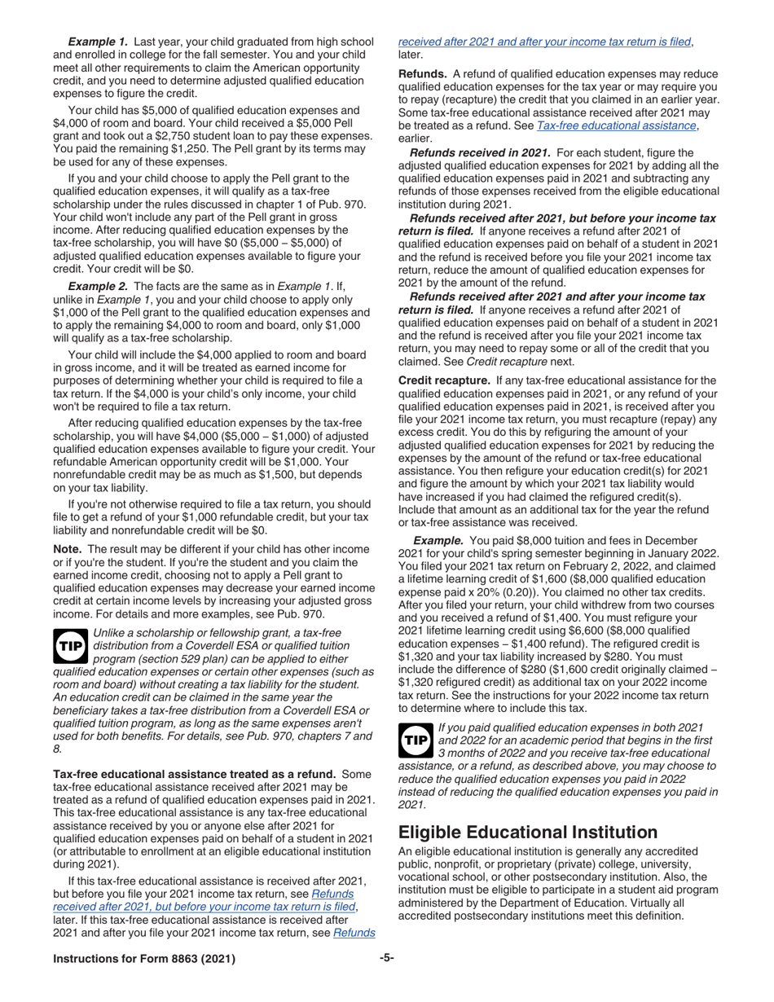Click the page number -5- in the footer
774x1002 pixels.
pos(387,959)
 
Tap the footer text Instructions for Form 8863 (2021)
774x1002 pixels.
pos(144,960)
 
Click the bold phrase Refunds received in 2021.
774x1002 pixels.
pos(480,152)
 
